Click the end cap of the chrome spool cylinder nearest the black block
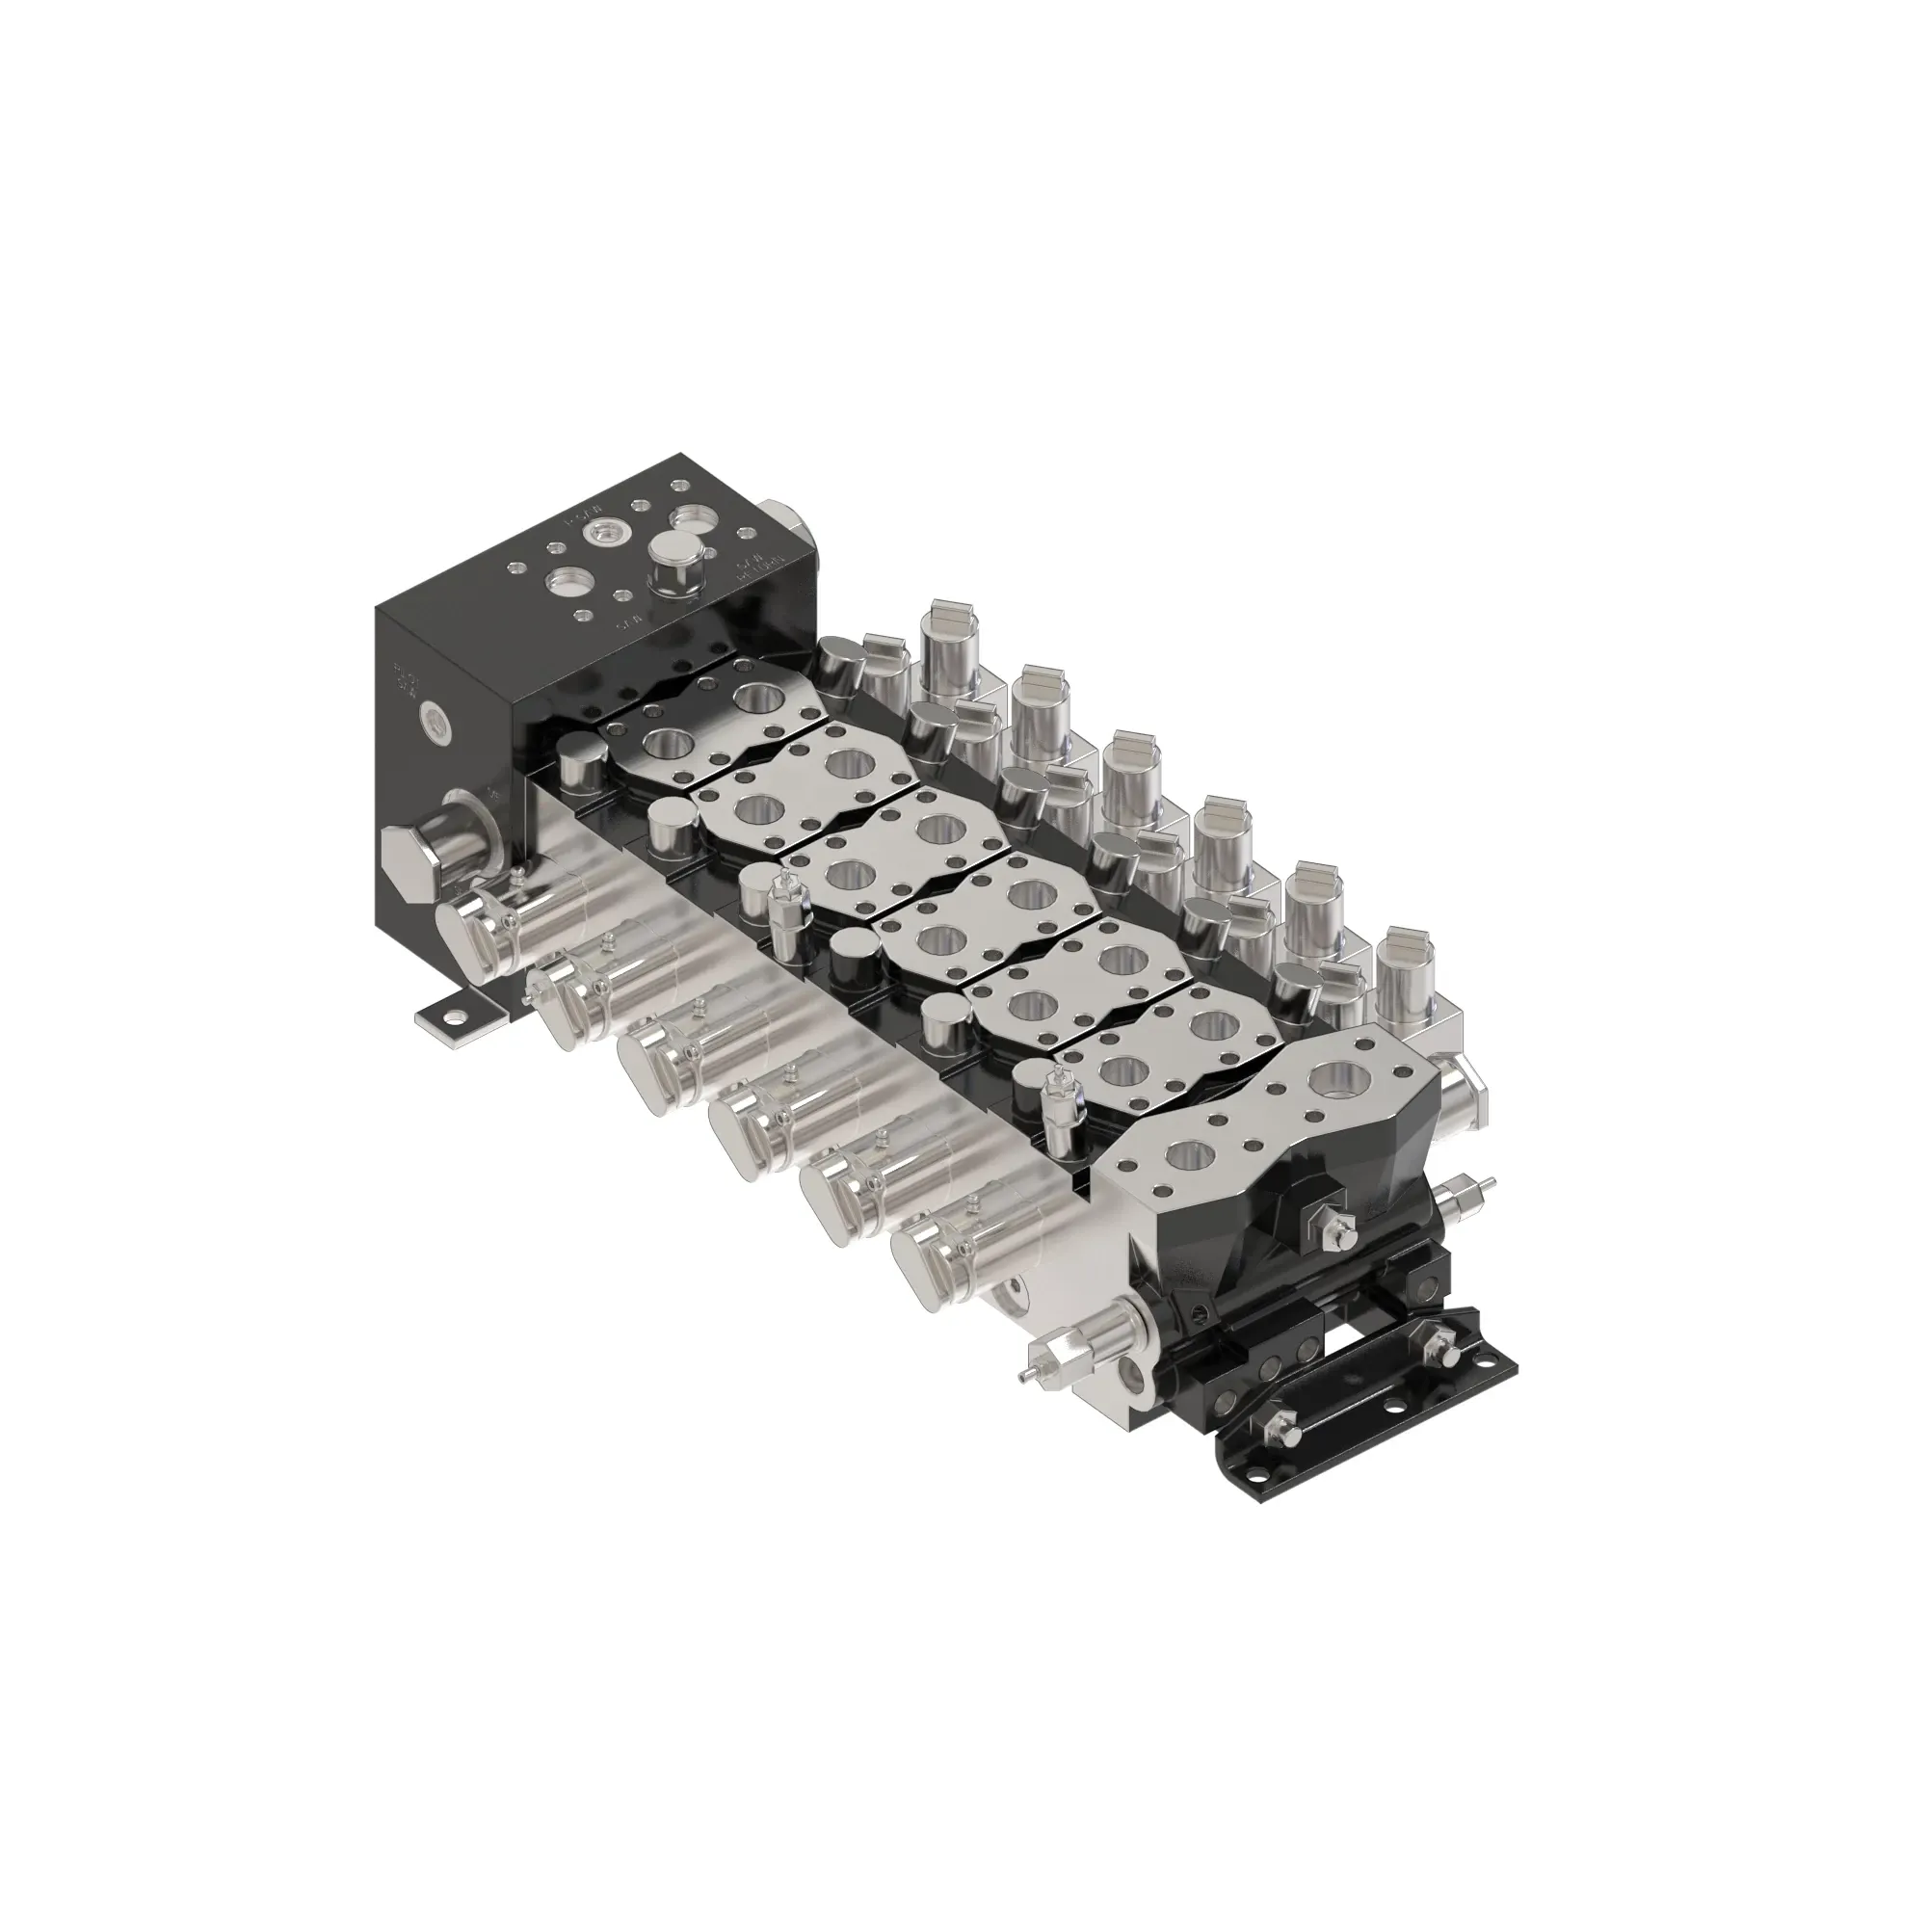(460, 937)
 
